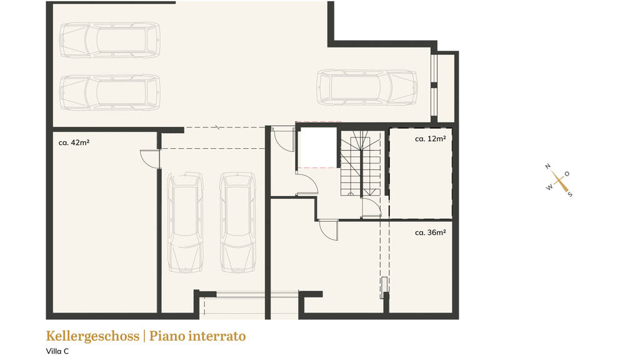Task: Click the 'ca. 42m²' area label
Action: (74, 142)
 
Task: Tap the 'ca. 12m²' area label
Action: (430, 139)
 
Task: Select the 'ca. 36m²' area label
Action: (430, 232)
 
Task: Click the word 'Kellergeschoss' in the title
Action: (92, 336)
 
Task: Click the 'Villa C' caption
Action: (57, 351)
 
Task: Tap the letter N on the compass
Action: (547, 166)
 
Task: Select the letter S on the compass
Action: (570, 194)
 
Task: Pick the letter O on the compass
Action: (567, 174)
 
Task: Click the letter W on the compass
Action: (549, 187)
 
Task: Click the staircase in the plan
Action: (361, 163)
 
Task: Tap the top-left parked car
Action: (110, 40)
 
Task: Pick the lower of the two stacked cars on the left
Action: (110, 92)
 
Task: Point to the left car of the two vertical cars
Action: (185, 222)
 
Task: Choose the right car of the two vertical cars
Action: (238, 222)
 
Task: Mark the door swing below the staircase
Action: (371, 207)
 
